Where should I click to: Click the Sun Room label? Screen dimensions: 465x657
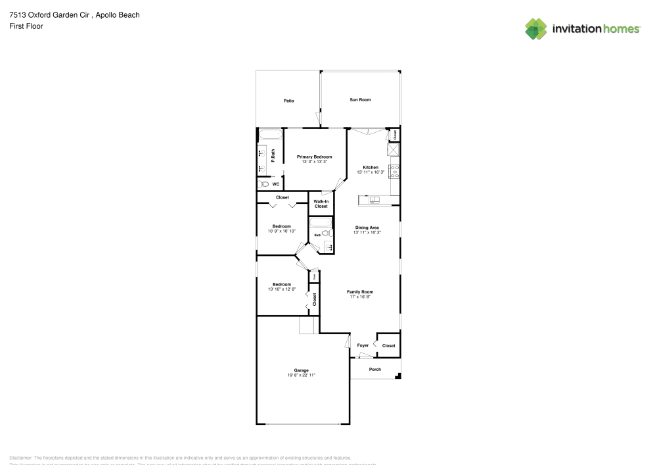(360, 100)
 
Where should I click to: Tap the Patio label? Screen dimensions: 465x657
(288, 101)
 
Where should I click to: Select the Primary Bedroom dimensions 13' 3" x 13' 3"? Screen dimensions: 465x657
(314, 162)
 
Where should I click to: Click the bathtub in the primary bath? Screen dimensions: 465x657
(270, 135)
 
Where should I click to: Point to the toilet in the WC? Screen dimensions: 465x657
(263, 185)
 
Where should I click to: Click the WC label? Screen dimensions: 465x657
(276, 185)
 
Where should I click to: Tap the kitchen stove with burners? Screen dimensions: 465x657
(395, 172)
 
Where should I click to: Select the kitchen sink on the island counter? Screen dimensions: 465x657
(375, 199)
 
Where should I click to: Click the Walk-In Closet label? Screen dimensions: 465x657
(321, 204)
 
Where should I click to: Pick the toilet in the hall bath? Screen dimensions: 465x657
(325, 233)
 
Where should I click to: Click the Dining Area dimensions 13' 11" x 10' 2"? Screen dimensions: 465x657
(367, 232)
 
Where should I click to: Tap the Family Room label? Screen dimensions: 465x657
(360, 292)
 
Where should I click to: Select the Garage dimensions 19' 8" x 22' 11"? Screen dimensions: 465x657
(302, 375)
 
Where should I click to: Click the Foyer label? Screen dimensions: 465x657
(363, 345)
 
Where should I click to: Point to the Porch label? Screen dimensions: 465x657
(374, 369)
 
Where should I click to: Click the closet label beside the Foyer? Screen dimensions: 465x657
(388, 345)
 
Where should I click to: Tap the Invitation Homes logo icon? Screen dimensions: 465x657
(535, 28)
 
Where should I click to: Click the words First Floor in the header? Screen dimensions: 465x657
(26, 26)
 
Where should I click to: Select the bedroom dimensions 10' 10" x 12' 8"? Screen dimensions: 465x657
(282, 289)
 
